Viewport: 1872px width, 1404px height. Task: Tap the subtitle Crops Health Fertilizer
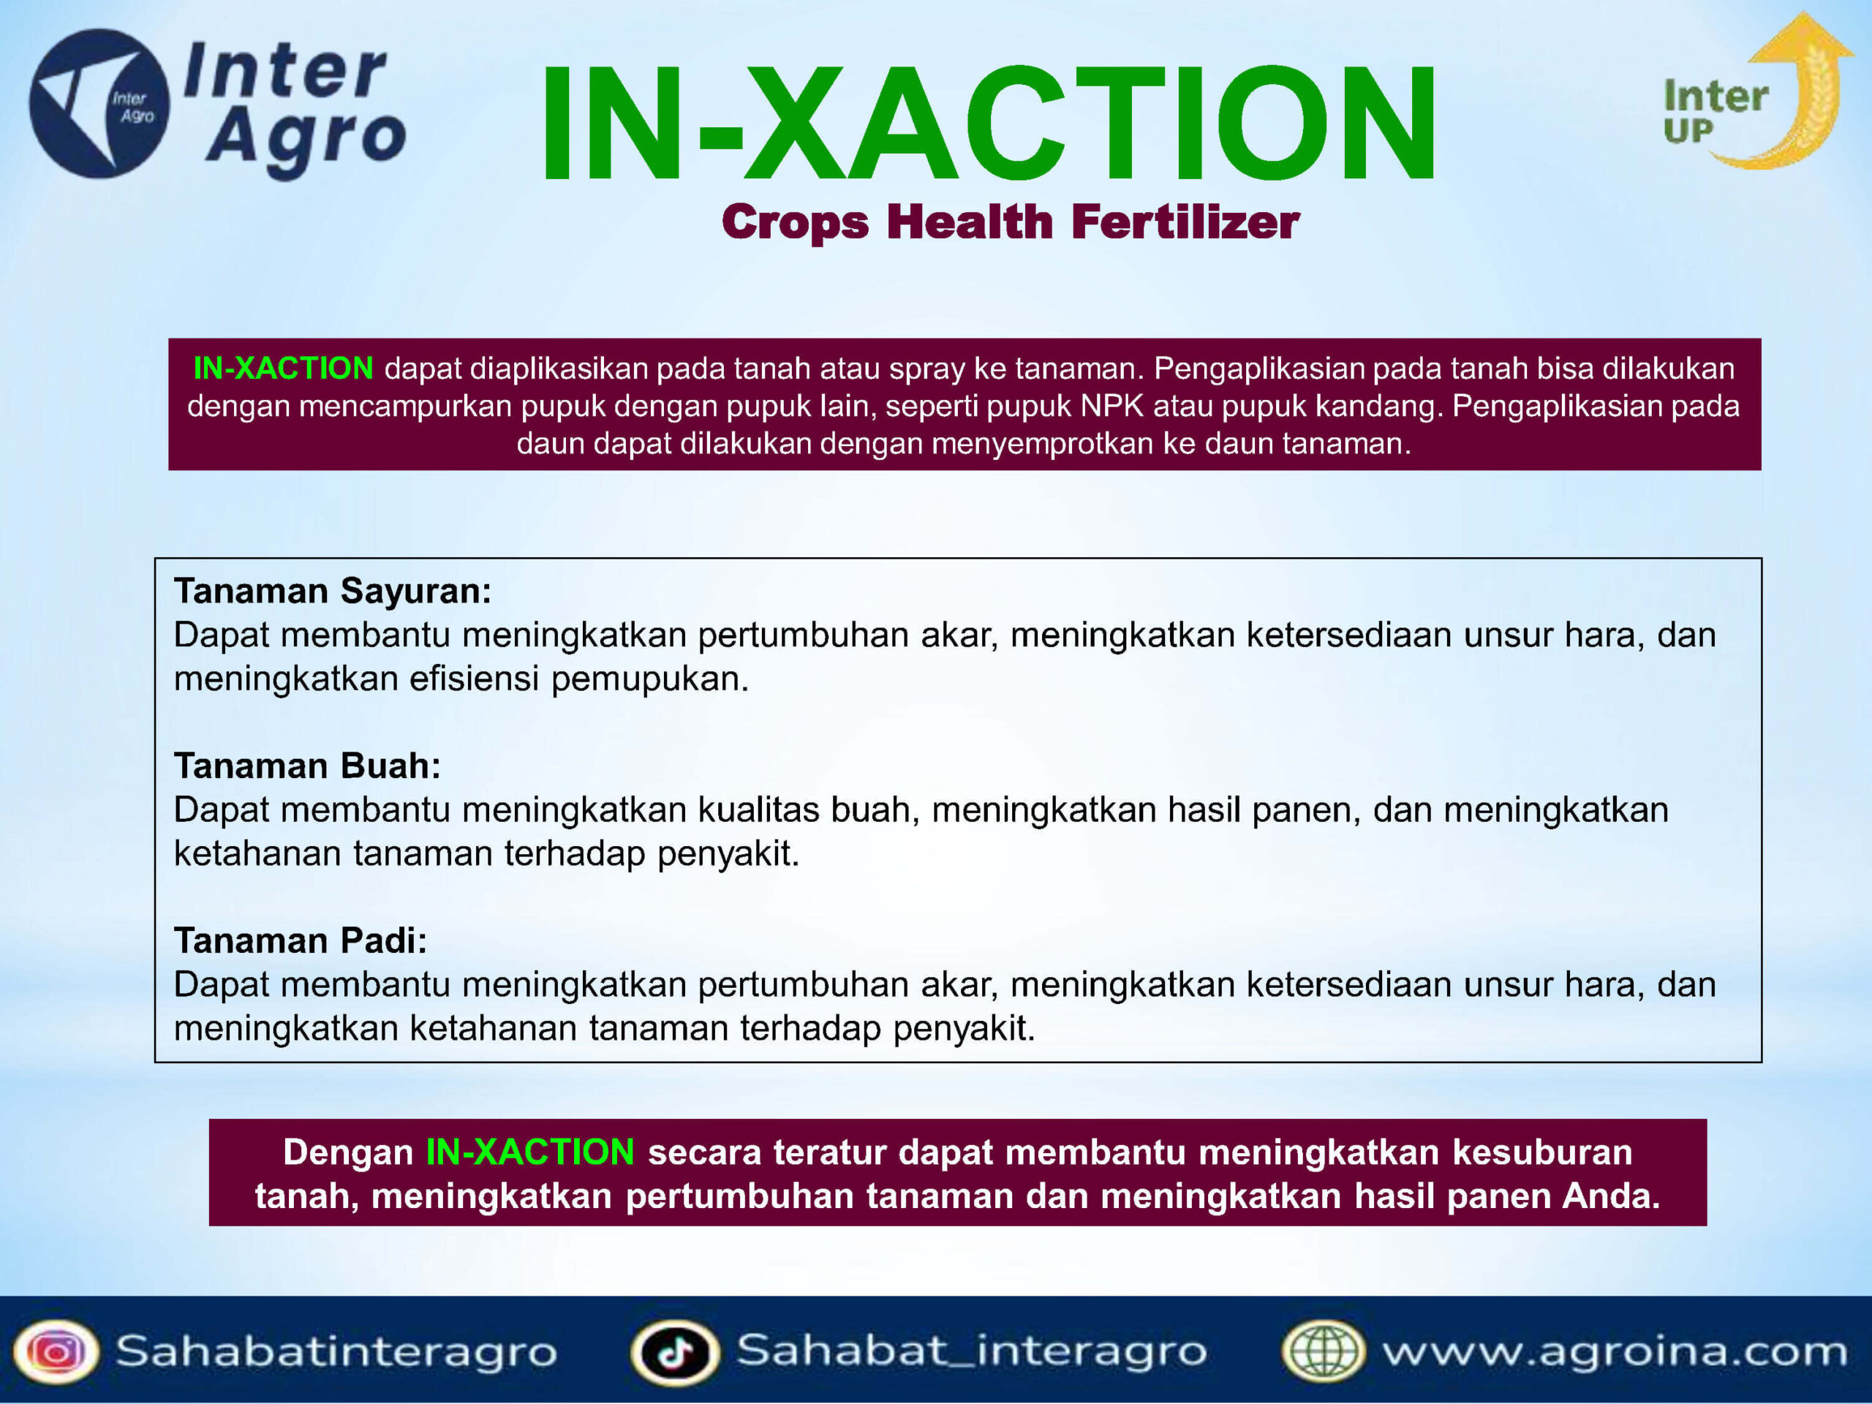pyautogui.click(x=1011, y=222)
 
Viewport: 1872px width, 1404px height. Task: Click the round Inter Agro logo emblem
pyautogui.click(x=99, y=103)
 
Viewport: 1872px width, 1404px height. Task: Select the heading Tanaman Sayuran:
pyautogui.click(x=333, y=591)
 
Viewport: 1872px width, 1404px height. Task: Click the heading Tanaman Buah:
pyautogui.click(x=307, y=766)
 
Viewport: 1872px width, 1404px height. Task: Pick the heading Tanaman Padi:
pyautogui.click(x=301, y=940)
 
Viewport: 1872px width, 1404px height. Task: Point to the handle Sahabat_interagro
pyautogui.click(x=972, y=1351)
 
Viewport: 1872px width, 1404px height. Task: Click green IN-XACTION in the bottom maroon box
pyautogui.click(x=529, y=1152)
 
